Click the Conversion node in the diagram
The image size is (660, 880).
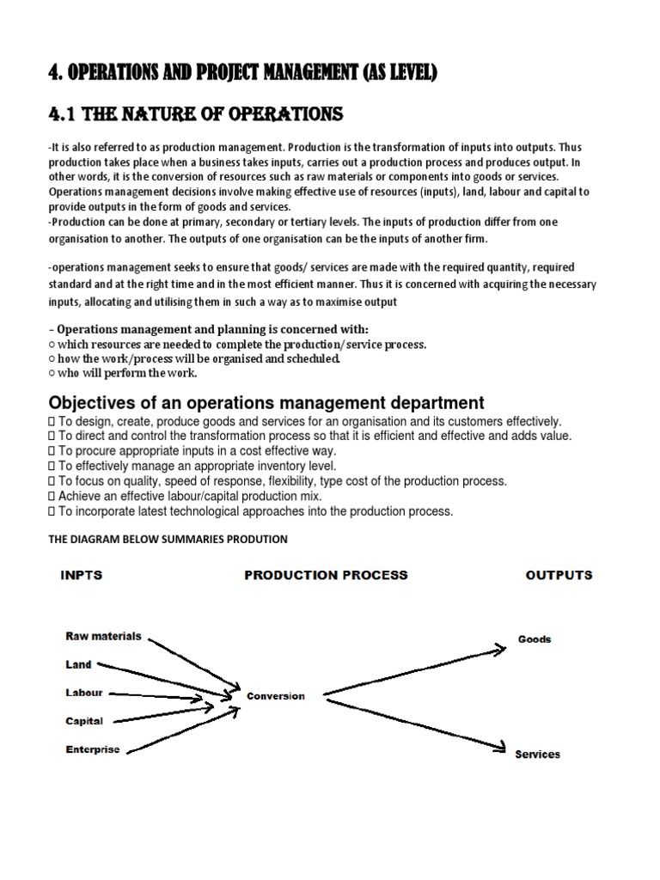[275, 696]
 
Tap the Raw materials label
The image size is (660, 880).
[103, 637]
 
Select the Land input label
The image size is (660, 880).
[77, 664]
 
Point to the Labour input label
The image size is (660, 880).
[84, 693]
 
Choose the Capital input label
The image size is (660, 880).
[84, 721]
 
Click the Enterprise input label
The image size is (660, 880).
[93, 749]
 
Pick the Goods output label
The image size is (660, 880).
[534, 639]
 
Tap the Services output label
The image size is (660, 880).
[537, 755]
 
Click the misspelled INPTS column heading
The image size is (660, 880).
[82, 575]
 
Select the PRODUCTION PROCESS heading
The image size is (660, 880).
[326, 575]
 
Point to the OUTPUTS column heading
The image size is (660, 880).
[559, 575]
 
